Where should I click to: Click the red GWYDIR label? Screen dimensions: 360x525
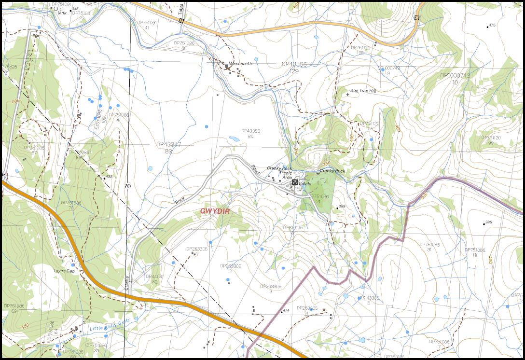[214, 211]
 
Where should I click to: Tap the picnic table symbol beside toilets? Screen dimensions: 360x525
[294, 183]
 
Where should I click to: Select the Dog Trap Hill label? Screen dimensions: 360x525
[362, 91]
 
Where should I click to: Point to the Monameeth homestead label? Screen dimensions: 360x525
[240, 64]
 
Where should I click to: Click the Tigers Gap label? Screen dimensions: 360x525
[64, 271]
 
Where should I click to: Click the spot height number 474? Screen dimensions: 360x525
[286, 310]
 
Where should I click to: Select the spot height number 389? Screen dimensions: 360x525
[342, 206]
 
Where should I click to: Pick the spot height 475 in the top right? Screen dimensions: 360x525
[492, 25]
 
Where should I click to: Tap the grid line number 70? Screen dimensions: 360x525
[127, 186]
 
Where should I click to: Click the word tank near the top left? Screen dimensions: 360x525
[62, 13]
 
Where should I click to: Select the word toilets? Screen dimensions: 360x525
[304, 183]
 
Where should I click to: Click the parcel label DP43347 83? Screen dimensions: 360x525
[168, 148]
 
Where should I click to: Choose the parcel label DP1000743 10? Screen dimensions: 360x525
[455, 79]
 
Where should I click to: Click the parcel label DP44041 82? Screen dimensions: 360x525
[154, 279]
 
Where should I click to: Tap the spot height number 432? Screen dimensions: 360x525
[109, 177]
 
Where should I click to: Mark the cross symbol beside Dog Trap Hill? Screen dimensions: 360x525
[347, 95]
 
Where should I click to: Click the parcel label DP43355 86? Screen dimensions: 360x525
[250, 133]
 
